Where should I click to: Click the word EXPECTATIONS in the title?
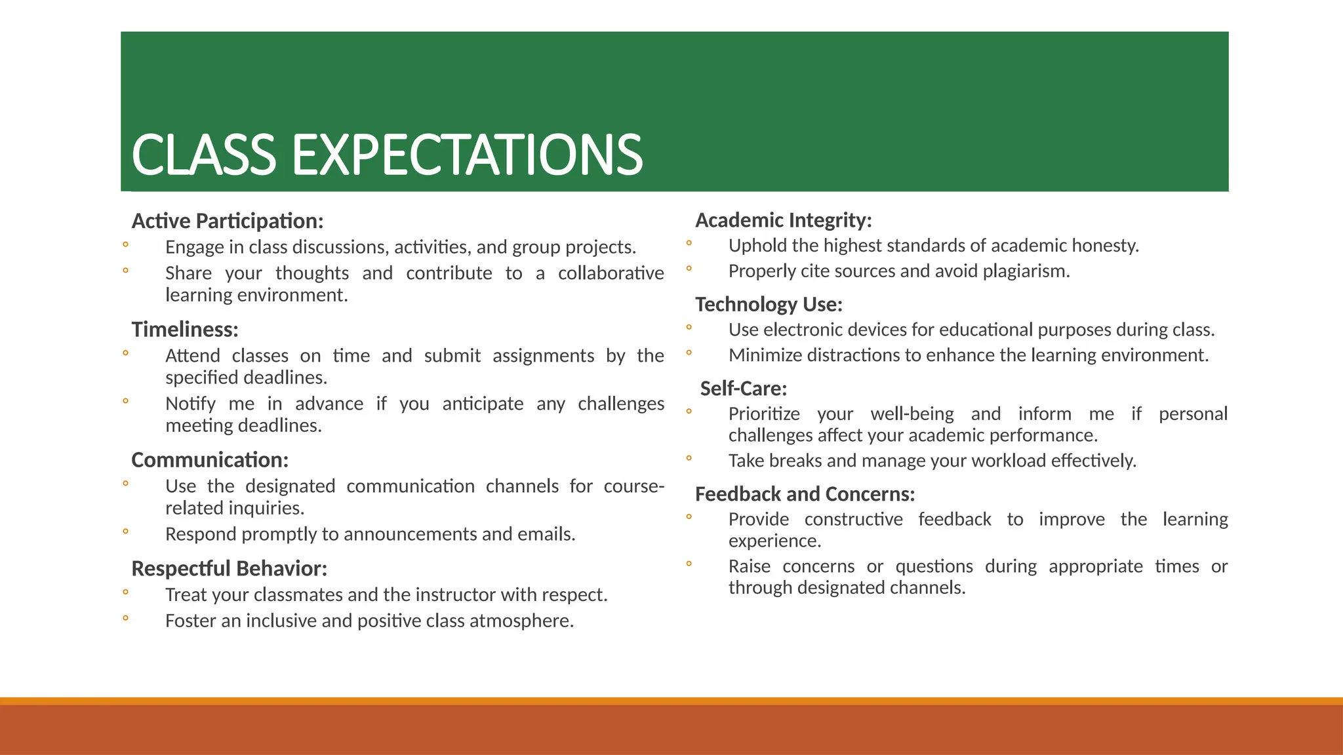tap(467, 155)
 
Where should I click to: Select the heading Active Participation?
tap(228, 221)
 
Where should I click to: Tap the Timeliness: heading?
tap(185, 329)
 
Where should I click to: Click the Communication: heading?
tap(210, 460)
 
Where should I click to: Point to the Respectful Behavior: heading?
tap(229, 568)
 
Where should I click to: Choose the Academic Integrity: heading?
tap(784, 220)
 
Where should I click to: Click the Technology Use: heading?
tap(769, 304)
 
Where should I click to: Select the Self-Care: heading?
tap(743, 389)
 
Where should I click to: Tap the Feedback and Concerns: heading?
tap(805, 494)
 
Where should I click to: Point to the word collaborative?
tap(611, 273)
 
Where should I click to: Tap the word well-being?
tap(912, 414)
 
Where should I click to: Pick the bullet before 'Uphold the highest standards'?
tap(689, 244)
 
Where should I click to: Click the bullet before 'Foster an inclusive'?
tap(125, 618)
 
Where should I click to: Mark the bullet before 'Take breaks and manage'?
tap(689, 459)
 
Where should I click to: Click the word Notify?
tap(190, 404)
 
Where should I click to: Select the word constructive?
tap(853, 520)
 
